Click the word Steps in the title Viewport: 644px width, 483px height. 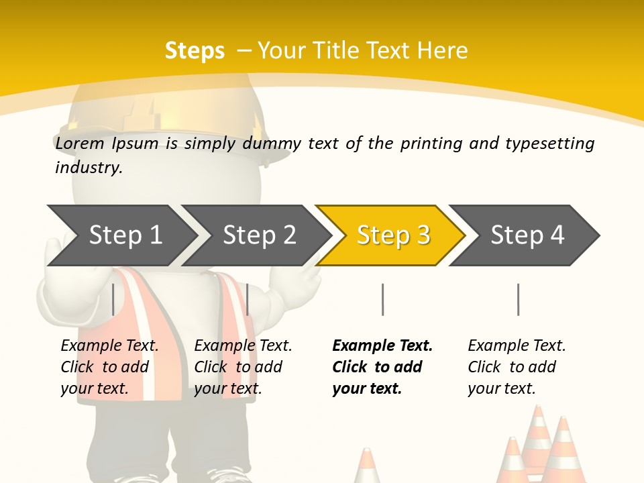pyautogui.click(x=195, y=51)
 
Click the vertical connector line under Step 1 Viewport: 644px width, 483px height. pyautogui.click(x=113, y=299)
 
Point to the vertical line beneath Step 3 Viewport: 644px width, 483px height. pyautogui.click(x=382, y=299)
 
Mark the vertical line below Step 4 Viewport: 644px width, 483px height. pyautogui.click(x=518, y=299)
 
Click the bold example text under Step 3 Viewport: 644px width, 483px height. pyautogui.click(x=382, y=367)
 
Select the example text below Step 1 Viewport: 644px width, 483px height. pyautogui.click(x=109, y=367)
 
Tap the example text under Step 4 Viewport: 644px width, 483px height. pyautogui.click(x=517, y=367)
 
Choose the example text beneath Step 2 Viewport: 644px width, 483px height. pyautogui.click(x=243, y=367)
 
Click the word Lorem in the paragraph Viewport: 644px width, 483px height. pyautogui.click(x=80, y=143)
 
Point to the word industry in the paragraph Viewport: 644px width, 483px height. pyautogui.click(x=89, y=167)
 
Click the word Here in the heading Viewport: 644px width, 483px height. pyautogui.click(x=443, y=51)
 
